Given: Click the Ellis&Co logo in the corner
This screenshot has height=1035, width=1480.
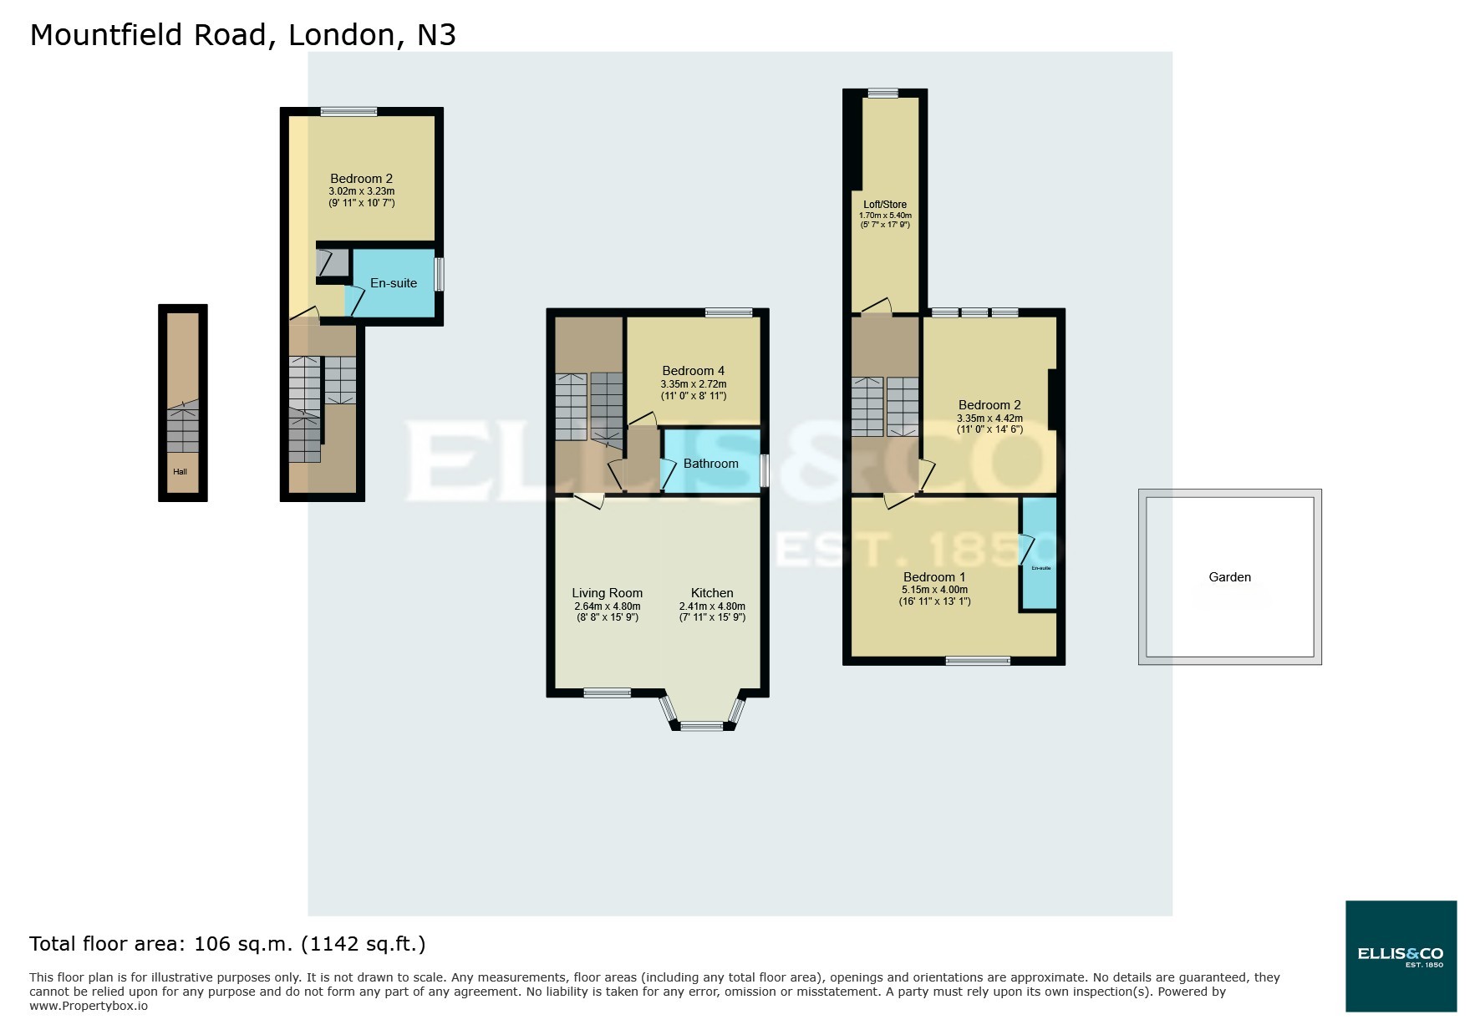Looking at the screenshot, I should coord(1401,956).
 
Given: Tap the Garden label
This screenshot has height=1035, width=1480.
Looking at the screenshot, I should coord(1229,576).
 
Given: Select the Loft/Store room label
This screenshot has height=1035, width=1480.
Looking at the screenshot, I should coord(885,204).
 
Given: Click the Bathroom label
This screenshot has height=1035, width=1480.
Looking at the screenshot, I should coord(710,464).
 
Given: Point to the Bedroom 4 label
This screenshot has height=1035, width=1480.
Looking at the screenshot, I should coord(693,371).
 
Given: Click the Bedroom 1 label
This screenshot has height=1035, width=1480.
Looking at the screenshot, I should coord(933,577).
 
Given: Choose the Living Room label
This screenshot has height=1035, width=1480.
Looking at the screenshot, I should coord(607,593).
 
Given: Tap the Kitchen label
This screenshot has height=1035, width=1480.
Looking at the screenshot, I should coord(712,593).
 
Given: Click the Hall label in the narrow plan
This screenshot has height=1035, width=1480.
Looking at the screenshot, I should coord(180,472).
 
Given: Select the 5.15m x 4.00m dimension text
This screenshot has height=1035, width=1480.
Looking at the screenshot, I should coord(933,590).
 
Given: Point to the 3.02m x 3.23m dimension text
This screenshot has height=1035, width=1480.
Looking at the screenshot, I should coord(361,191).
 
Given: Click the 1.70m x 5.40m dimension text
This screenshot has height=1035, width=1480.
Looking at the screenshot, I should coord(885,215).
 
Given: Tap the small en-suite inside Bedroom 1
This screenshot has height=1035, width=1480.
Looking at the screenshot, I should coord(1040,568).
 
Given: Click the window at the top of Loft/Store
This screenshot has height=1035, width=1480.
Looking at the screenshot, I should coord(882,94).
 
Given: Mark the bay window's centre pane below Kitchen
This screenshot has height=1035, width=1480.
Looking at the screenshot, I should coord(701,726).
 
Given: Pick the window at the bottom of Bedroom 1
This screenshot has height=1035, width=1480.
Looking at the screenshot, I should coord(978,661).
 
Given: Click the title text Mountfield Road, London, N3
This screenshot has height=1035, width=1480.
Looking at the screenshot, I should coord(242,35).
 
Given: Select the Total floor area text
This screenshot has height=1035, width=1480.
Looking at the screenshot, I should coord(227,944).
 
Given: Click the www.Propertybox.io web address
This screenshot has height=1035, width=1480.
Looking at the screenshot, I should coord(89,1006).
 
